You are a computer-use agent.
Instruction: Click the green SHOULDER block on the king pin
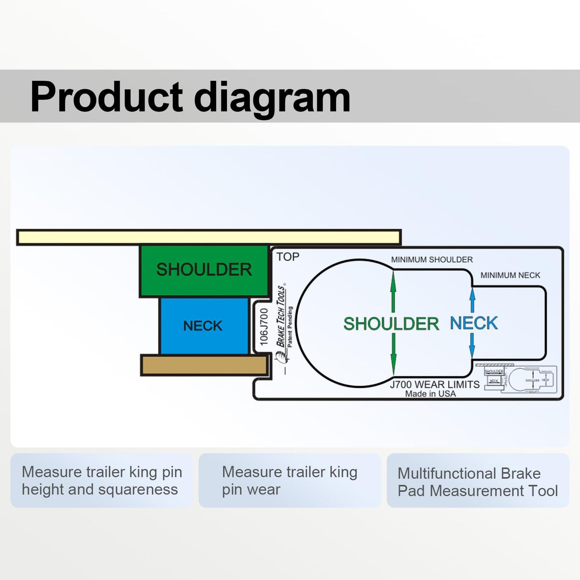point(204,270)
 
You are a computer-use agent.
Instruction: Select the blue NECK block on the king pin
point(203,326)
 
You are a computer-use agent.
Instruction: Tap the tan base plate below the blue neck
point(204,365)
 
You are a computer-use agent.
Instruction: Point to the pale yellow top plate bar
point(209,237)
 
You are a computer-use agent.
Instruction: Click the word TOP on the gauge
point(288,257)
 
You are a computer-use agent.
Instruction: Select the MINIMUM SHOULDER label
point(432,260)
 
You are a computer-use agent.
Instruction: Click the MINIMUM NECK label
point(510,275)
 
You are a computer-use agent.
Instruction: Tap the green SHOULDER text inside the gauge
point(391,324)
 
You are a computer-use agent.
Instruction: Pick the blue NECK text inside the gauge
point(474,323)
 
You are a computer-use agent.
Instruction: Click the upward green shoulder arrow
point(393,290)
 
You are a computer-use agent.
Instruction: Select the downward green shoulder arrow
point(393,356)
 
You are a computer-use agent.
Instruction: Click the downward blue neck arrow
point(472,346)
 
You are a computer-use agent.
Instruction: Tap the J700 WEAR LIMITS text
point(435,384)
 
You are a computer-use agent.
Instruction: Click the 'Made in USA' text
point(430,394)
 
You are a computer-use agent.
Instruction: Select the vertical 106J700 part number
point(264,327)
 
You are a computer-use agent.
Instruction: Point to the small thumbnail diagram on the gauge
point(521,379)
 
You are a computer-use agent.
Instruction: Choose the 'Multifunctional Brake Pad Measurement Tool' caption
point(478,482)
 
